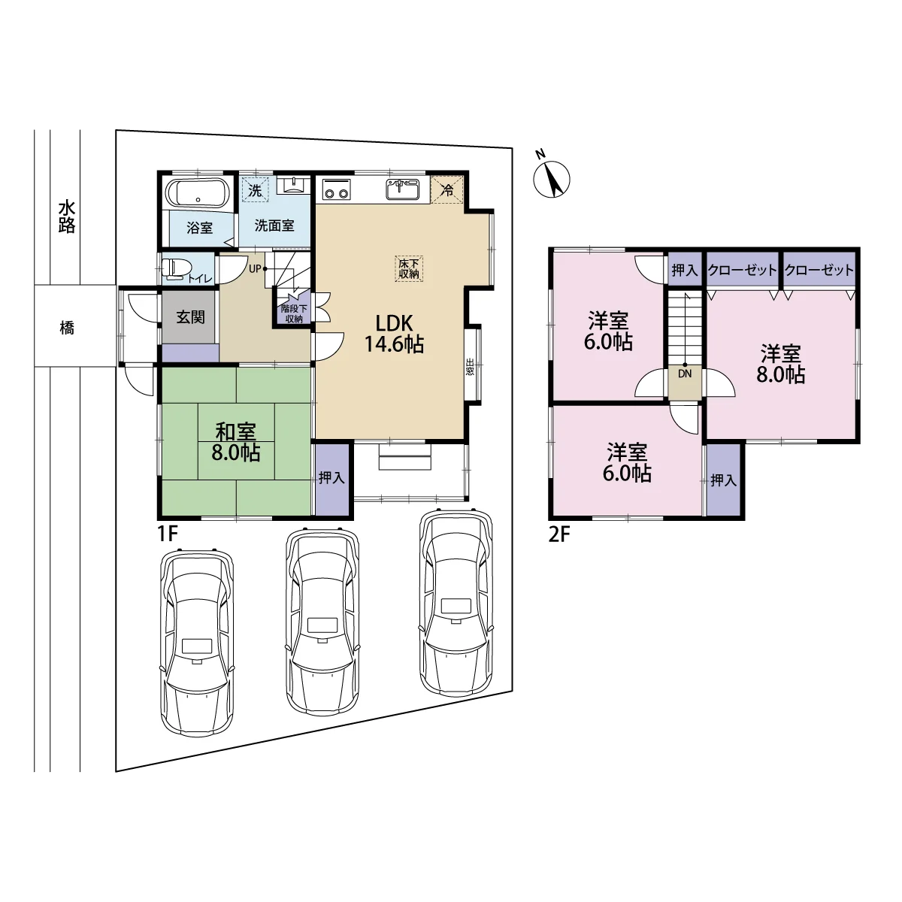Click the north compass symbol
pos(552,176)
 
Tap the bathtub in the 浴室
pos(198,193)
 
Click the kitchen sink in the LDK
pos(402,189)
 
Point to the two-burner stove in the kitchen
pos(336,189)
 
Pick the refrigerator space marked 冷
pos(447,189)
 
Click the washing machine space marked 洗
pos(256,189)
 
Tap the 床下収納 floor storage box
pos(409,268)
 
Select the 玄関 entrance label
pos(190,317)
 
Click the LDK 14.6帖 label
pos(394,334)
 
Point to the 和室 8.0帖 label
pos(235,442)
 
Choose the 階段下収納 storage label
pos(294,313)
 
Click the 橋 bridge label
pos(67,328)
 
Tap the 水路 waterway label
pos(67,216)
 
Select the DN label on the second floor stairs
pos(685,374)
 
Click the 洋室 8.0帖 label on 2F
pos(781,364)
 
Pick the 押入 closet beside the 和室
pos(332,478)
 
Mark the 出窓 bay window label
pos(470,367)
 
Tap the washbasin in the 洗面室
pos(293,185)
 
